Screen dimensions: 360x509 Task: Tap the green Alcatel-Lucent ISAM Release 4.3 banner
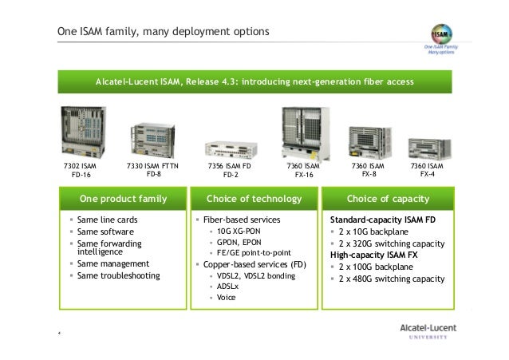(254, 81)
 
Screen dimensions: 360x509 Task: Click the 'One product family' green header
(122, 197)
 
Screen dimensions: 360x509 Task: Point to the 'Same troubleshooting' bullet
(119, 275)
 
